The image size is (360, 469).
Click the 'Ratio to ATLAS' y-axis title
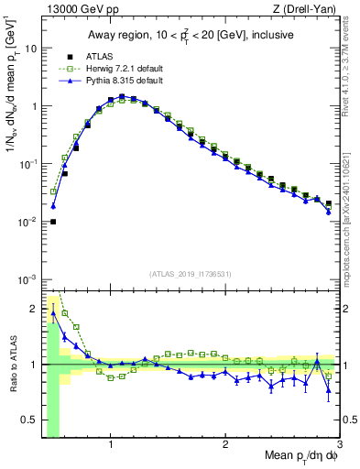click(x=12, y=365)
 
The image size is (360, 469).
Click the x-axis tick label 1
click(x=111, y=443)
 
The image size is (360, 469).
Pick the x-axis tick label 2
click(x=225, y=443)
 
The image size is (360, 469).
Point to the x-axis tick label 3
click(x=338, y=443)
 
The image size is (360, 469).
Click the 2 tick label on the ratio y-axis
click(x=33, y=308)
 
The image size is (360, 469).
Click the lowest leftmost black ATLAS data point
click(x=53, y=221)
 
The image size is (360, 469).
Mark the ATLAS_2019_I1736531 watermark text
click(x=191, y=274)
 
